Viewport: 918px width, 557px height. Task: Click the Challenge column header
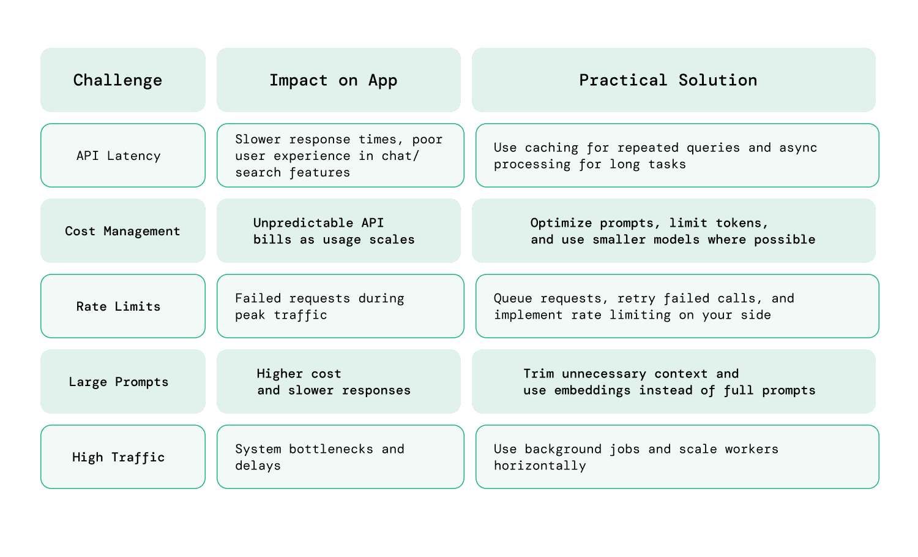(118, 80)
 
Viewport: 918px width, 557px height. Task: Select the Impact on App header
(334, 80)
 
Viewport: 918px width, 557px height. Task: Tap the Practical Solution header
(668, 80)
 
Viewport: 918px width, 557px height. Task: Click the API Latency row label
(119, 156)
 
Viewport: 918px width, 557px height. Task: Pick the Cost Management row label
(122, 231)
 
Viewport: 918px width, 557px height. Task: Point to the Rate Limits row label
(119, 306)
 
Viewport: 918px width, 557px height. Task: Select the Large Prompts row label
(119, 382)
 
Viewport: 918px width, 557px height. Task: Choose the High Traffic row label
(119, 457)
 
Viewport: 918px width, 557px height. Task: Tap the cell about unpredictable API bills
(334, 231)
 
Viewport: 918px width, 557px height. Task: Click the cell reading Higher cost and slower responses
(334, 382)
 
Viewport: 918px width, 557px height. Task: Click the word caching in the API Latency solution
(551, 148)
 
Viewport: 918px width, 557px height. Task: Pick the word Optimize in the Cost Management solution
(561, 223)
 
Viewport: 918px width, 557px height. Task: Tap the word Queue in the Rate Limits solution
(513, 298)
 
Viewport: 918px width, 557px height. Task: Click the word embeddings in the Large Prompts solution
(592, 390)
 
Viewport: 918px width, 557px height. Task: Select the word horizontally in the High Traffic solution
(540, 466)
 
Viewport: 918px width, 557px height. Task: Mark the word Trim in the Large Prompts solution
(539, 374)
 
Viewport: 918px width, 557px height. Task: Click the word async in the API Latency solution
(798, 148)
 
